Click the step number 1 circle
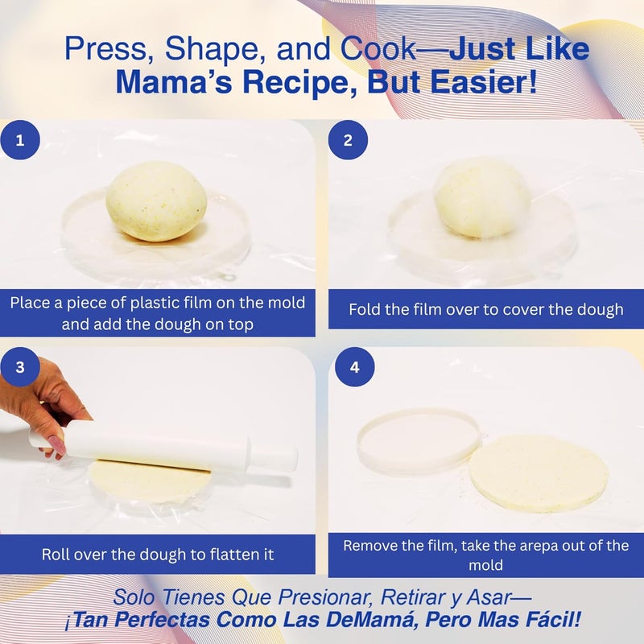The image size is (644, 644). [21, 140]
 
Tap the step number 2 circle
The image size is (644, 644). [348, 140]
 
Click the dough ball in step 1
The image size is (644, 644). [157, 201]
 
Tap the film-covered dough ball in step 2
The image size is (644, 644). [481, 198]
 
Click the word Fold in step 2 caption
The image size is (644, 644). [367, 309]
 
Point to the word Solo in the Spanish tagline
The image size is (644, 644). [132, 598]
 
